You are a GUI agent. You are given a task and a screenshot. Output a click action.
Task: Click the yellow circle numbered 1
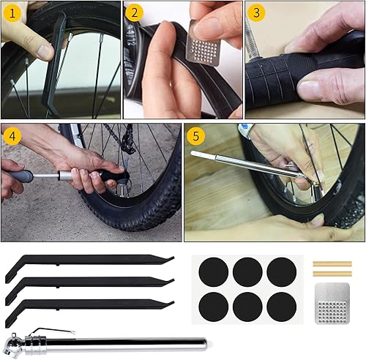[x=12, y=13]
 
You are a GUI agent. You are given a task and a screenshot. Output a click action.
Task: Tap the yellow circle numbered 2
[x=134, y=13]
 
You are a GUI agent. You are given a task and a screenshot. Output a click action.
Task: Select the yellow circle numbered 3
[x=255, y=13]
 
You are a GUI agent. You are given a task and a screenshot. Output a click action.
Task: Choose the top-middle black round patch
[x=247, y=272]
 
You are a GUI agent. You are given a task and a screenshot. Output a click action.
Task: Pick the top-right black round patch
[x=281, y=272]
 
